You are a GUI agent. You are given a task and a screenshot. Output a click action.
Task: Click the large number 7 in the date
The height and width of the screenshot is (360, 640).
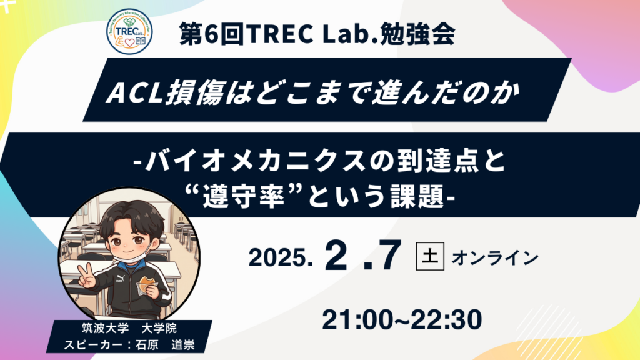point(390,256)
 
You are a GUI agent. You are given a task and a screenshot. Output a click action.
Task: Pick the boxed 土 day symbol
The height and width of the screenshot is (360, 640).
point(429,257)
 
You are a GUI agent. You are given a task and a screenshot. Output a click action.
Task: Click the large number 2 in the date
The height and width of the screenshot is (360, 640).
point(336,256)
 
